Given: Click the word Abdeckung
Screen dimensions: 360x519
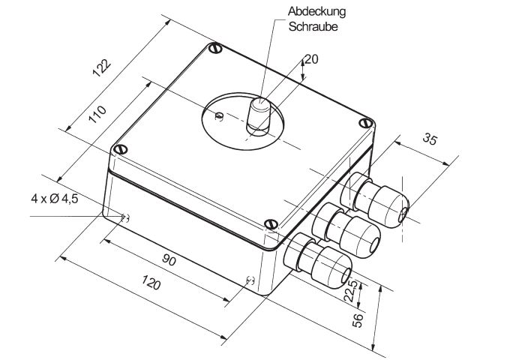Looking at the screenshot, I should click(314, 12).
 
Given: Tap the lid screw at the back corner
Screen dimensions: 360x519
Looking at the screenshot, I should click(217, 49).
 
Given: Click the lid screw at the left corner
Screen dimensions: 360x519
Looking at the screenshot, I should click(116, 148).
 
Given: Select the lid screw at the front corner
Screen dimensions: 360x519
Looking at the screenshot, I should click(271, 223).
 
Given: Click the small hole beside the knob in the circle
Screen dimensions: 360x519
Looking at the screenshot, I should click(218, 115).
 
